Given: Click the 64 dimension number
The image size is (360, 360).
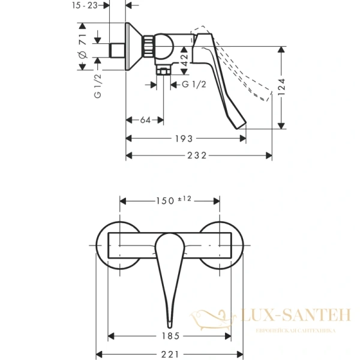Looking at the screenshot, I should point(145,121).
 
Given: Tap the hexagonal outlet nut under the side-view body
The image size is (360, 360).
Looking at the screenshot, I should point(163,72).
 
